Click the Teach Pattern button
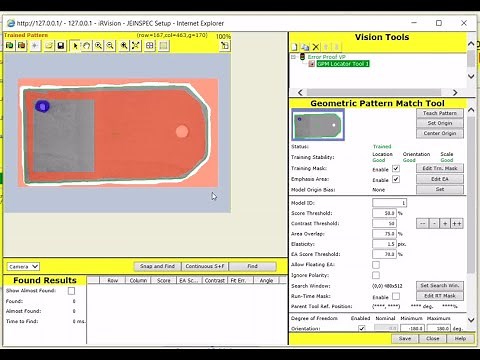point(441,113)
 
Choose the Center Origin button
point(441,133)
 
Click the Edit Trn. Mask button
point(441,167)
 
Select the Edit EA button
point(441,178)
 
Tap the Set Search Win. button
point(441,285)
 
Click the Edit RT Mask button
point(441,295)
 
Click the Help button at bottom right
point(460,338)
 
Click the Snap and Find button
point(158,267)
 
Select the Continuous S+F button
point(206,267)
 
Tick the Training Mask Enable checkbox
point(396,168)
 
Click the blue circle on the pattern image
point(42,106)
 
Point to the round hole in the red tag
point(181,131)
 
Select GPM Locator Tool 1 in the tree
point(343,64)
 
